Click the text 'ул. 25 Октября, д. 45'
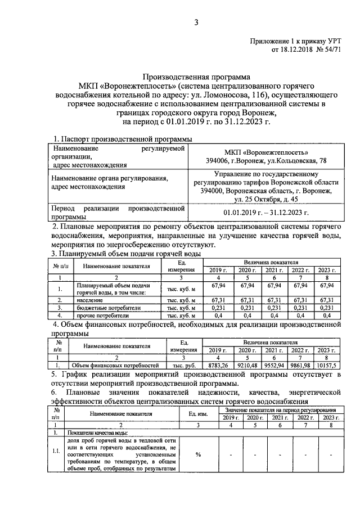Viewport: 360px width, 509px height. (266, 199)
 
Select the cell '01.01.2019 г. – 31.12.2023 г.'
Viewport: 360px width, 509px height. (266, 212)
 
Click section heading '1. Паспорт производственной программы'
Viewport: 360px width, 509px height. (123, 139)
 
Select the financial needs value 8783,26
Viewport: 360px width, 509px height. (217, 365)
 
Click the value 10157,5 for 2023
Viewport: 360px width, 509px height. (327, 365)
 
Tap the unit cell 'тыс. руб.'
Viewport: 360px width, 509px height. (182, 365)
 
